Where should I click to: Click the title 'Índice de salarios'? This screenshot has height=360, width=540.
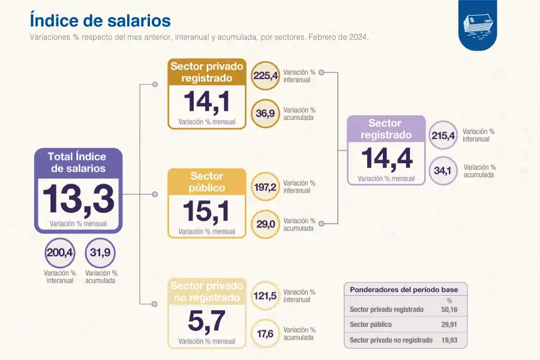point(100,20)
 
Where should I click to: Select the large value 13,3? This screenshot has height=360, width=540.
point(78,199)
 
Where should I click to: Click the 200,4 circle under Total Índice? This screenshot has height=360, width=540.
point(60,253)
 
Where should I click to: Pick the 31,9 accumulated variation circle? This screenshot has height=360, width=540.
point(100,253)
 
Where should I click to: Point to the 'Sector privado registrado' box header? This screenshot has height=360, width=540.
point(207,72)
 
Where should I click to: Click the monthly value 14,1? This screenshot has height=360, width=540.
point(206,103)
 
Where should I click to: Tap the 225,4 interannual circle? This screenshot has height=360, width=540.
point(266,76)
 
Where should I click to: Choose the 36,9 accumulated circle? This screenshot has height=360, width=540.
point(266,113)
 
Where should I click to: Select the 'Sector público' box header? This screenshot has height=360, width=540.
point(207,182)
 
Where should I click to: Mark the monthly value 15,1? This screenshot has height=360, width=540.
point(206,212)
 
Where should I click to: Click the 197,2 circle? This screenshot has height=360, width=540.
point(265,187)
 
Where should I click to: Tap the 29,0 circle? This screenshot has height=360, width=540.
point(265,224)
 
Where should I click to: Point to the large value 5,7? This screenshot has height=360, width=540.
point(206,322)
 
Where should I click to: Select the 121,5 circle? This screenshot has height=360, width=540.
point(265,296)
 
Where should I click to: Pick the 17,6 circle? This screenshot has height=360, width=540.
point(265,334)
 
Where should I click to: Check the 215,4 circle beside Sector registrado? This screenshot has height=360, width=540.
point(443,136)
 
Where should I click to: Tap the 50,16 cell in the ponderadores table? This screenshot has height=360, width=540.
point(449,310)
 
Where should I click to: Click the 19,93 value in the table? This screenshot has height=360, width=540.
point(449,340)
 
